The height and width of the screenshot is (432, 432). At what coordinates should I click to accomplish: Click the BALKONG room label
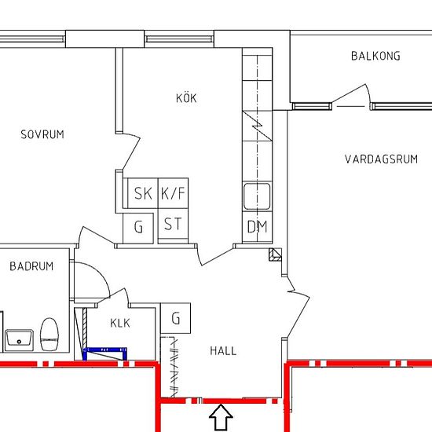pos(375,56)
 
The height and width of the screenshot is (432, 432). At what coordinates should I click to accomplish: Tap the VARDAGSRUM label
pos(381,159)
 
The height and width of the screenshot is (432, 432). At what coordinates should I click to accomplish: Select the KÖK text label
pos(186,98)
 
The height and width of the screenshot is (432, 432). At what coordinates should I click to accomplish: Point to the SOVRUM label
pos(42,134)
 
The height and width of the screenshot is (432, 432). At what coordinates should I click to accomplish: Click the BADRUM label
pos(31,266)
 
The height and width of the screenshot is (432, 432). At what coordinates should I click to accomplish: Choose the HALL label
pos(223,351)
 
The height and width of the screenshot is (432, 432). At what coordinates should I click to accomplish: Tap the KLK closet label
pos(120,323)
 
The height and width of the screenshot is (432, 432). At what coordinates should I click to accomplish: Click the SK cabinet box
pos(143,193)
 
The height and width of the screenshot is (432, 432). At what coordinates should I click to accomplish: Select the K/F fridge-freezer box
pos(173,193)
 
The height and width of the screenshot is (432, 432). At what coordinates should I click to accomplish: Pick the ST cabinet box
pos(173,224)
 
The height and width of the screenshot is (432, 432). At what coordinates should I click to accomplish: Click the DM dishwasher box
pos(258,227)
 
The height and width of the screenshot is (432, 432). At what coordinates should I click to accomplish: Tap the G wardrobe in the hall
pos(175,318)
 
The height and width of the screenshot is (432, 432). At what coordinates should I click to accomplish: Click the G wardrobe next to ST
pos(138,228)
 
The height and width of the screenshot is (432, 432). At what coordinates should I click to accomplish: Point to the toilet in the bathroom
pos(49,335)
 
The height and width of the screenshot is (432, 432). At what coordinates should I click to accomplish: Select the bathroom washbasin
pos(20,340)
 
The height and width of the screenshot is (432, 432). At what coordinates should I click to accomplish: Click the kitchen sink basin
pos(257,196)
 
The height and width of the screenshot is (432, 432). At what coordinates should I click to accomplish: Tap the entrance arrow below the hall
pos(221,417)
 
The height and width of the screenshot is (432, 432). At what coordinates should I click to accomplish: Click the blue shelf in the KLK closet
pos(104,353)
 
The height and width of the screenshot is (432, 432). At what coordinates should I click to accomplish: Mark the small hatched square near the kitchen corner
pos(275,254)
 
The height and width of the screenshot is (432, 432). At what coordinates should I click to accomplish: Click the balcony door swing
pos(352,93)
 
